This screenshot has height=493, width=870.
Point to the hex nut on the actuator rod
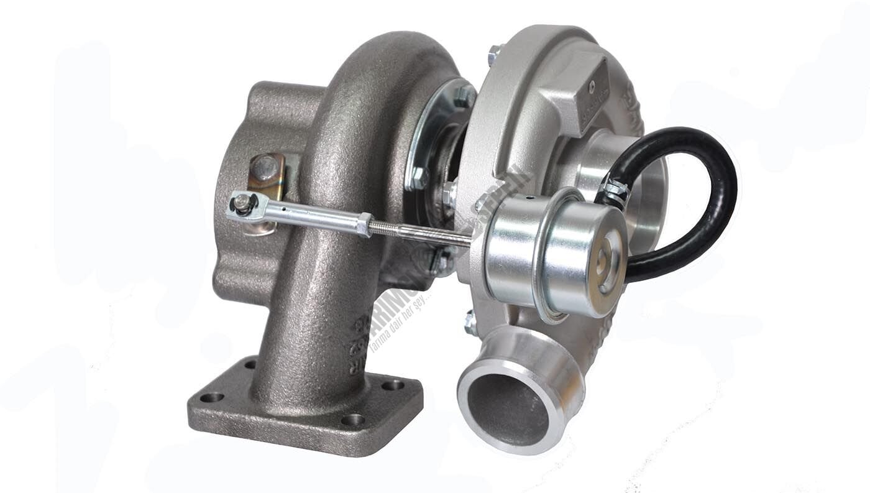364,224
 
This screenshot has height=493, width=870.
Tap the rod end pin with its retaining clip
243,203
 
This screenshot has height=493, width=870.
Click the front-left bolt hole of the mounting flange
212,397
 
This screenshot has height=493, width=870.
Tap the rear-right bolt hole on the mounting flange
392,385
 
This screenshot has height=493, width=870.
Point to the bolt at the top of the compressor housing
494,54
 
